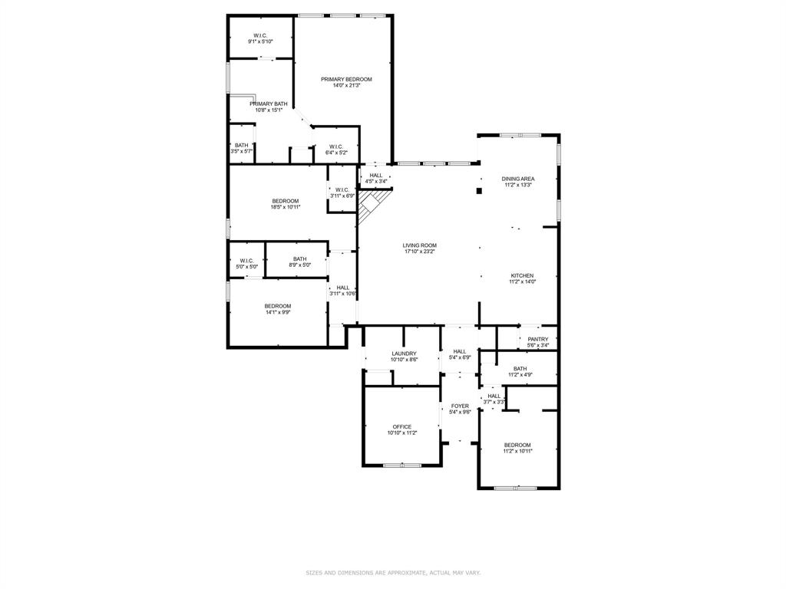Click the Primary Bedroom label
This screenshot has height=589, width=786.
pyautogui.click(x=346, y=80)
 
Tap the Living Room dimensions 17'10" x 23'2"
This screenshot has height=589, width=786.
pyautogui.click(x=420, y=252)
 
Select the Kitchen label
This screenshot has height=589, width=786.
pyautogui.click(x=522, y=275)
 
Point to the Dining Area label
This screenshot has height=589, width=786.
pyautogui.click(x=518, y=179)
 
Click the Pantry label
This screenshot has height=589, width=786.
pyautogui.click(x=538, y=339)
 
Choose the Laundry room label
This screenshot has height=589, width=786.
pyautogui.click(x=404, y=354)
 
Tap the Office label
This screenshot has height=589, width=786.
pyautogui.click(x=402, y=426)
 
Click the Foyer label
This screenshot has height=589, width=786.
pyautogui.click(x=460, y=406)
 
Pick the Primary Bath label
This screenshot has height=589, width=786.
pyautogui.click(x=269, y=104)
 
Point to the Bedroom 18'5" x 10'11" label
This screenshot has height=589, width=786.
pyautogui.click(x=285, y=201)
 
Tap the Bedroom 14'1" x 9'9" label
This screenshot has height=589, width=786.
pyautogui.click(x=278, y=306)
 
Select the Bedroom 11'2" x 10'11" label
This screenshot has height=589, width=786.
pyautogui.click(x=517, y=445)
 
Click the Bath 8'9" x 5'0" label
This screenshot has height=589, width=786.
pyautogui.click(x=299, y=258)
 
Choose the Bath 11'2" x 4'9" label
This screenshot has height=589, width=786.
pyautogui.click(x=520, y=368)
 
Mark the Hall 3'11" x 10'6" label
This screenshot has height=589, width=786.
pyautogui.click(x=342, y=288)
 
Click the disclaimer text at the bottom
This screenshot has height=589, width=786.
pyautogui.click(x=393, y=572)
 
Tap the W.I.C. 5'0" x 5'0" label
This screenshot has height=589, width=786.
pyautogui.click(x=246, y=261)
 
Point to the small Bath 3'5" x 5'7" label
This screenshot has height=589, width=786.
pyautogui.click(x=241, y=146)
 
